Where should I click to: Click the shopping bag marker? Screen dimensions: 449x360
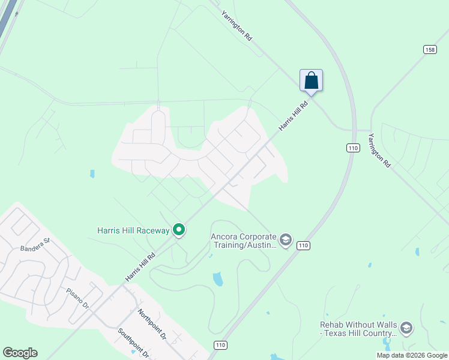311,80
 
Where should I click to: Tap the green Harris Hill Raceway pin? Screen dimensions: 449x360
178,230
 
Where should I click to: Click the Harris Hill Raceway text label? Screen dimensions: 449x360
133,230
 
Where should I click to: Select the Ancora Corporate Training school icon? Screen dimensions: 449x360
285,240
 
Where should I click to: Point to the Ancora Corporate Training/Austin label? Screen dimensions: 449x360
243,241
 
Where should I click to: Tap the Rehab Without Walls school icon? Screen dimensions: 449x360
406,328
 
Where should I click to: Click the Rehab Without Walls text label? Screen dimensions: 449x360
358,328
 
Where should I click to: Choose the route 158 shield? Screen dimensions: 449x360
429,49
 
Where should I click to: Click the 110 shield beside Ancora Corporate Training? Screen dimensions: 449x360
303,245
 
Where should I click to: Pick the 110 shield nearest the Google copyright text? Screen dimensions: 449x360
220,345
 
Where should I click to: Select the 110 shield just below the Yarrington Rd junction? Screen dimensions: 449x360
353,148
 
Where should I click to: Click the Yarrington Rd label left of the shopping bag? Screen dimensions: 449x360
237,25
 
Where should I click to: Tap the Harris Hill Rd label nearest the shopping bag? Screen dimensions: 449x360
294,116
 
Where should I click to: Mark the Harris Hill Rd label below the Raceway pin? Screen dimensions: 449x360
140,266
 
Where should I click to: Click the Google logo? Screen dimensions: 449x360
20,353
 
